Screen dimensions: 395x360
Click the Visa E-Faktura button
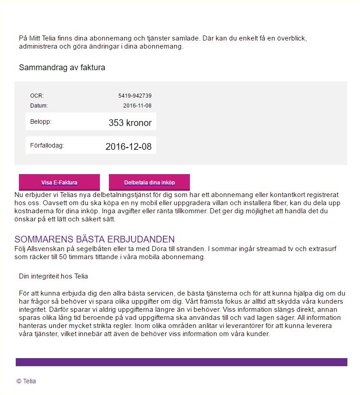(59, 183)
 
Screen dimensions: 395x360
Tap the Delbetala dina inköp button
(149, 183)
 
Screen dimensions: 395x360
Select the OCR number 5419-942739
(135, 96)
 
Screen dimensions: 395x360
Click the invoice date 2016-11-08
(137, 106)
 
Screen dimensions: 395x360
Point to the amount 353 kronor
(130, 123)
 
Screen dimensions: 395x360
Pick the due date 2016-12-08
(128, 147)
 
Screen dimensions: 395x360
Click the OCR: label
(37, 96)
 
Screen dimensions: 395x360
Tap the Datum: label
(39, 106)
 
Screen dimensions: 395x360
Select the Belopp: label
(40, 121)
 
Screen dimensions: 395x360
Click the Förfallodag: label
(47, 145)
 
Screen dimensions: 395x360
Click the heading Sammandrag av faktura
(62, 68)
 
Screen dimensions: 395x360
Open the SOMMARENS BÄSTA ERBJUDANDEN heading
(94, 239)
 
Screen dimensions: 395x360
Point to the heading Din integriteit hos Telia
(54, 276)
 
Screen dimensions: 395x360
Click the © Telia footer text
(26, 381)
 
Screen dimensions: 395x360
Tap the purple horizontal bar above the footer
(181, 362)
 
